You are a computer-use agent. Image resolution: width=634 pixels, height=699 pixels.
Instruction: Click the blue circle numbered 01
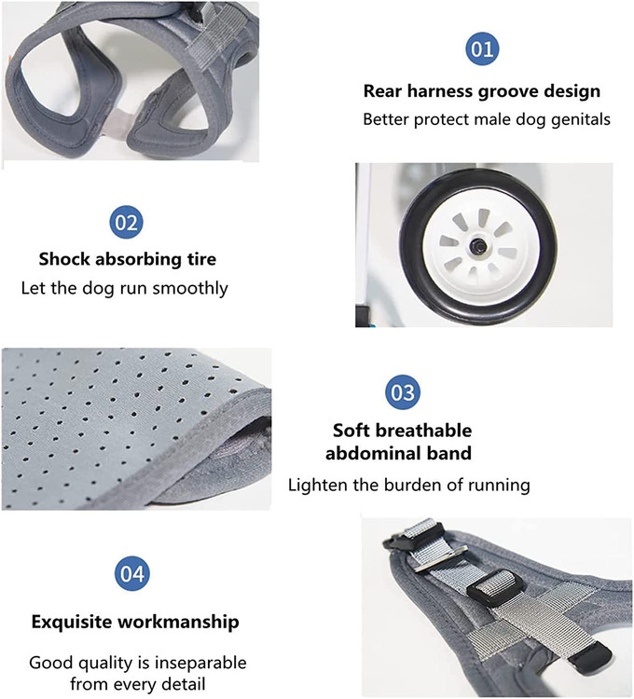482,48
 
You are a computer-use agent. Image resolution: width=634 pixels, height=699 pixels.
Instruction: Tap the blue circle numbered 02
126,222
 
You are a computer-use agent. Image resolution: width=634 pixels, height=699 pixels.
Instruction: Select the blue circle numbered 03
403,391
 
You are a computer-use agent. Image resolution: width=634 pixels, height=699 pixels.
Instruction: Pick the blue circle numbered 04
132,573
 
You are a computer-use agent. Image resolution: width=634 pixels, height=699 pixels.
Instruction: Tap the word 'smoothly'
190,288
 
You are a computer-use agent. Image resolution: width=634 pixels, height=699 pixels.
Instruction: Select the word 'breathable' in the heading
424,431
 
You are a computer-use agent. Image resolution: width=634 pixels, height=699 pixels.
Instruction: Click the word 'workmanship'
178,622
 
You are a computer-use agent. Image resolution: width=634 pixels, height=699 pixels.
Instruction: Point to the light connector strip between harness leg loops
118,121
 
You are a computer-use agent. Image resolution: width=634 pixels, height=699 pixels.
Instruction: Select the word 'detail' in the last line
183,684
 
